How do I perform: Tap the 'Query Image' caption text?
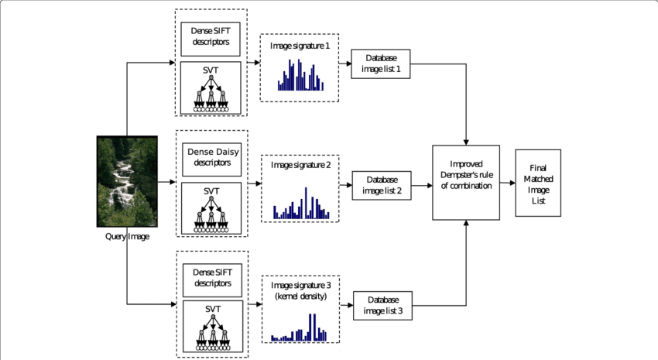[127, 236]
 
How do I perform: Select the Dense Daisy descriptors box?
[211, 158]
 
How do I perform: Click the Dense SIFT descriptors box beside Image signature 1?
[211, 36]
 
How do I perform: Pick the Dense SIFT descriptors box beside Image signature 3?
[211, 279]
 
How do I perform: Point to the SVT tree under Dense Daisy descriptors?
[211, 210]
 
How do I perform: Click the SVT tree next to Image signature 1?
[211, 88]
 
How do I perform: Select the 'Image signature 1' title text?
[300, 46]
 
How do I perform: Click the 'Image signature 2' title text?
[300, 165]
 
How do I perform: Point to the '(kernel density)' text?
[300, 297]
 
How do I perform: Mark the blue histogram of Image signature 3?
[300, 327]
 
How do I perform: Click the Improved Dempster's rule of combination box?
[465, 182]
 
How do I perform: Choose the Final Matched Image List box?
[537, 183]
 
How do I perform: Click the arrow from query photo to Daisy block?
[167, 183]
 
